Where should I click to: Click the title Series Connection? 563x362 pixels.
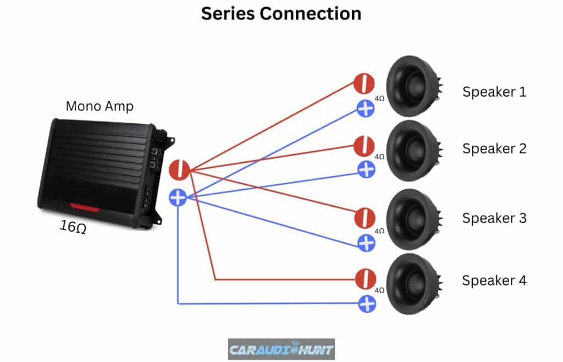[281, 14]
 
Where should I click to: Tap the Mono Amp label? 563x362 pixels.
[100, 106]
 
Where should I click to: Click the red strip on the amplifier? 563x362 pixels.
[84, 207]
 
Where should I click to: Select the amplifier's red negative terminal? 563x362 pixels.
[179, 169]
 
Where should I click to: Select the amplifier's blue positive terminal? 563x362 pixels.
[178, 197]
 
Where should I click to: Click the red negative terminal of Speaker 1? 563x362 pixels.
[363, 84]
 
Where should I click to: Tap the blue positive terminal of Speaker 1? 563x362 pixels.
[366, 108]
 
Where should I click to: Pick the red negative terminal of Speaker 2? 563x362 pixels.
[363, 146]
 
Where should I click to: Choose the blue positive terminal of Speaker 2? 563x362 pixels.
[366, 169]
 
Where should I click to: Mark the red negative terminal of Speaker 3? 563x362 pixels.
[363, 217]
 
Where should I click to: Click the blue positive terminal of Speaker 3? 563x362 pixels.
[366, 243]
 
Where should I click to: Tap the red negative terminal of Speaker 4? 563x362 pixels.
[364, 279]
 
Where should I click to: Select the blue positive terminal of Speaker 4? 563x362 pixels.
[366, 303]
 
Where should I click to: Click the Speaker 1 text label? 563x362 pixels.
[494, 91]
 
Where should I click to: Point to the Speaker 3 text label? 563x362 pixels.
[494, 218]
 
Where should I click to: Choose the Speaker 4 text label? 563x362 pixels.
[494, 281]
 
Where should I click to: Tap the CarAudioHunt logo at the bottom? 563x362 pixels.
[281, 349]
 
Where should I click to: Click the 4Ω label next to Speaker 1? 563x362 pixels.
[379, 99]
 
